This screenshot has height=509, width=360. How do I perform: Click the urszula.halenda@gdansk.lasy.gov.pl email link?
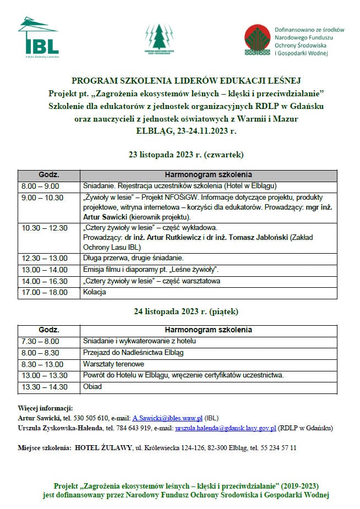226,428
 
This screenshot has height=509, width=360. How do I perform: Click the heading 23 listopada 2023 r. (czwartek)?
179,155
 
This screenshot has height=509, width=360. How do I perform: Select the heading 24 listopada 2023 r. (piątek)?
179,311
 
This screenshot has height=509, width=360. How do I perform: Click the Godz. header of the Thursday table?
49,174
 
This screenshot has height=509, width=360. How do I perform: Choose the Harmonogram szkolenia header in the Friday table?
209,330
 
